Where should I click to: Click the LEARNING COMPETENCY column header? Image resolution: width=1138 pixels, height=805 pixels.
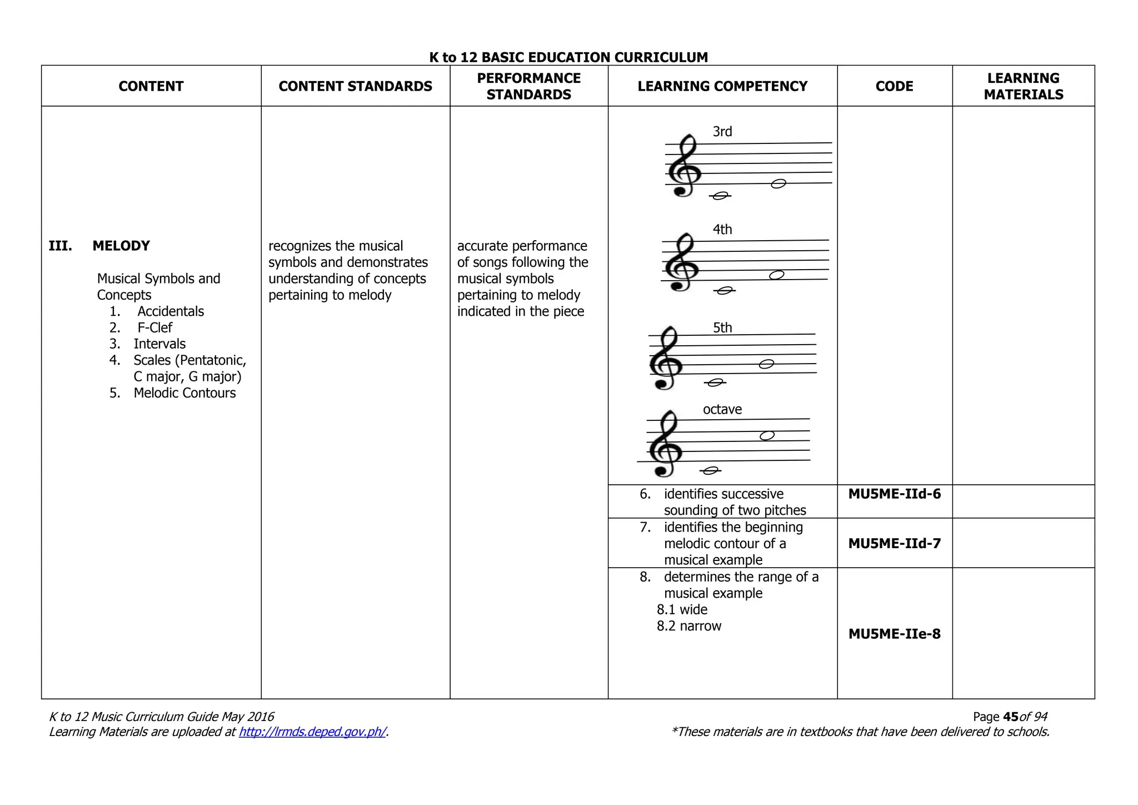[x=722, y=86]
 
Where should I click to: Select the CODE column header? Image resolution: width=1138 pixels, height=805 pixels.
[x=894, y=86]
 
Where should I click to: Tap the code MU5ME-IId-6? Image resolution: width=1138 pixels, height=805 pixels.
[x=894, y=494]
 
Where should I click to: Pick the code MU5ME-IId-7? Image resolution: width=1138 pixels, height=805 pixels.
[x=894, y=543]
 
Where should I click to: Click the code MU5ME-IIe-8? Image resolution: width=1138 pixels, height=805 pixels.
[x=894, y=634]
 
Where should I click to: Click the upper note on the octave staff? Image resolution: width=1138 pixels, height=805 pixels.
[x=767, y=435]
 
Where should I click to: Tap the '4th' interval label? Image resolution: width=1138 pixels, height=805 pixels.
[x=722, y=230]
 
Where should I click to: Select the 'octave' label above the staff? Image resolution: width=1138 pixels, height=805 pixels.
[x=722, y=410]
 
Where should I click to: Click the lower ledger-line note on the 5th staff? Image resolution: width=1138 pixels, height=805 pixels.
[x=715, y=382]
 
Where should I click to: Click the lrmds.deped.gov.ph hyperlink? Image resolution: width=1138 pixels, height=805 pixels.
[x=312, y=732]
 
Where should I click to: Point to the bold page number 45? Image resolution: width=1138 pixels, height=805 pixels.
[x=1011, y=717]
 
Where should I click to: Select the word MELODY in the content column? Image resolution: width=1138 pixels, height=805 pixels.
[x=121, y=246]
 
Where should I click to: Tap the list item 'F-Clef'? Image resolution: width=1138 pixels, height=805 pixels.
[x=154, y=327]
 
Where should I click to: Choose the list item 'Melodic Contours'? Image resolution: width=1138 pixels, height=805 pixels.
[x=184, y=393]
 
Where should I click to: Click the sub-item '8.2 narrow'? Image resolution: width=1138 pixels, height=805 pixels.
[x=689, y=626]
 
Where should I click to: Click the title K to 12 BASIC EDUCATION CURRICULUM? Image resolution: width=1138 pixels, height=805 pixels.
[x=568, y=57]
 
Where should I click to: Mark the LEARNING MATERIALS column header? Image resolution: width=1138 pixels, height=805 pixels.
[x=1023, y=86]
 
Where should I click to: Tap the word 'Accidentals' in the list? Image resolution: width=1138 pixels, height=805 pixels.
[x=171, y=311]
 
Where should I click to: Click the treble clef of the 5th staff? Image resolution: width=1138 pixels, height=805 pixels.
[x=666, y=358]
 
